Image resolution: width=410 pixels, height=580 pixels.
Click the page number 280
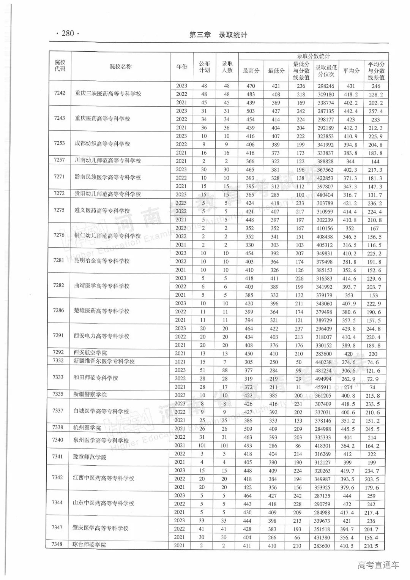68,33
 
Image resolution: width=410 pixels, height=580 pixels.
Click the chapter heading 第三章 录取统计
218,35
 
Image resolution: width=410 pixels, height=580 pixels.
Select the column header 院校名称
121,66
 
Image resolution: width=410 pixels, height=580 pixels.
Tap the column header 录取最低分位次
326,71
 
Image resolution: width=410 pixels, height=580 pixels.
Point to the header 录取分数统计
313,56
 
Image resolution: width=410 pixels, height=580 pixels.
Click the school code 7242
60,93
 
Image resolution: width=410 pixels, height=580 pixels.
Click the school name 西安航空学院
90,353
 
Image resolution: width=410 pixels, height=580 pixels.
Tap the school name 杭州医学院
87,428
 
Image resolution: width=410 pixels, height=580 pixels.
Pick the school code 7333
58,377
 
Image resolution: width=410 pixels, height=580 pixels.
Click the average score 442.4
350,111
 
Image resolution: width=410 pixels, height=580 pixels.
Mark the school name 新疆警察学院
90,395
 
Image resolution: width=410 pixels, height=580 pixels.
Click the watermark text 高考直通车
378,565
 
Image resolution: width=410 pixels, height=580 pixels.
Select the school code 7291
58,336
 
